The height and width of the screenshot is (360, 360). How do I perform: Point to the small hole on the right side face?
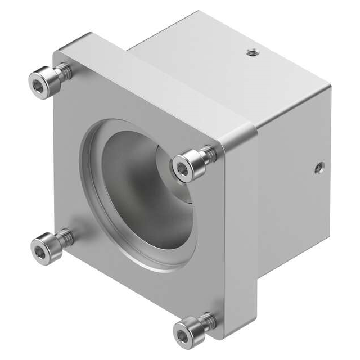tap(319, 167)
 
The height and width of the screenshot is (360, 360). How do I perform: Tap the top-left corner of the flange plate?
tap(56, 52)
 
